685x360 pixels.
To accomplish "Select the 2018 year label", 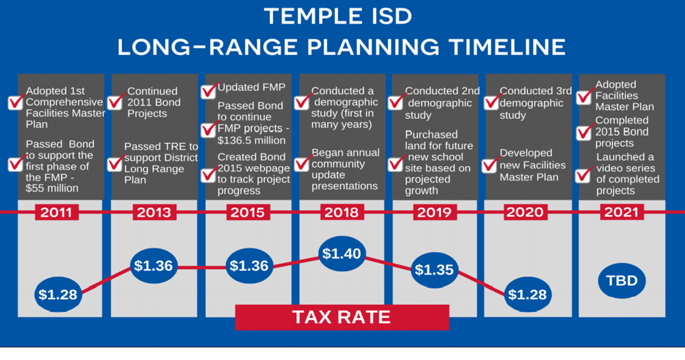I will click(x=341, y=213).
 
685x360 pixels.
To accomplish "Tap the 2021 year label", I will click(x=622, y=213).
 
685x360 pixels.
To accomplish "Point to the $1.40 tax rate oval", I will click(x=341, y=254).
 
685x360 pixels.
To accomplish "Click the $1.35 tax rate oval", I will click(x=434, y=269).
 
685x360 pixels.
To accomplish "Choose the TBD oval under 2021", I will click(x=622, y=281).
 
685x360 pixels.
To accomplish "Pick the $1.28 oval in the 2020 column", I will click(x=528, y=294).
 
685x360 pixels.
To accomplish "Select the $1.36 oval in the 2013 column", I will click(x=154, y=266).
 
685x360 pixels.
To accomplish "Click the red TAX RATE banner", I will click(x=341, y=317).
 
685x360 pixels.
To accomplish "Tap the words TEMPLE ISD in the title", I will click(x=342, y=16).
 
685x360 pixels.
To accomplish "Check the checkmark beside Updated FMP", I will click(x=209, y=91).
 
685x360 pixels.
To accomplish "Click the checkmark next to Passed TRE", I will click(x=115, y=163).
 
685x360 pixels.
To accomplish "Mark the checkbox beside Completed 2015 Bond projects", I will click(x=583, y=133).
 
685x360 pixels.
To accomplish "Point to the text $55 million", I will click(x=52, y=188).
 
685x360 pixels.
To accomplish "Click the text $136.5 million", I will click(x=252, y=140).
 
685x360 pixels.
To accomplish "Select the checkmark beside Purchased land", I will click(x=395, y=163).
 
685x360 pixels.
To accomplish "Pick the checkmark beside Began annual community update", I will click(x=302, y=163).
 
